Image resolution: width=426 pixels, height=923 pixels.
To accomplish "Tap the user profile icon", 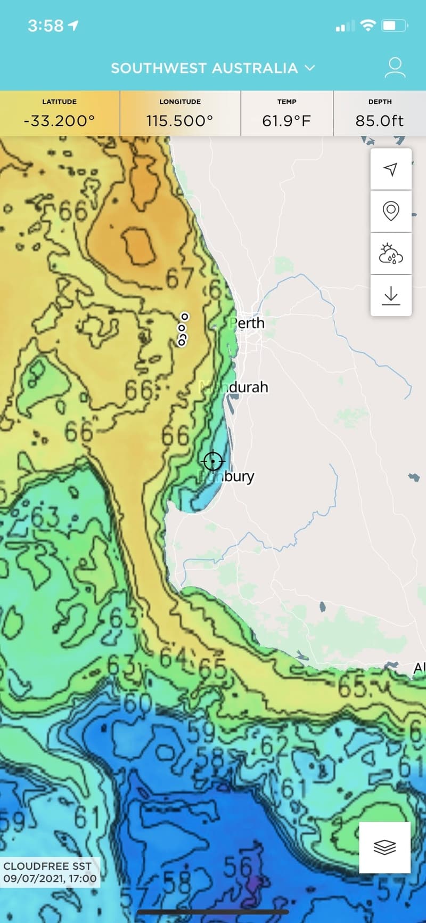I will click(395, 68).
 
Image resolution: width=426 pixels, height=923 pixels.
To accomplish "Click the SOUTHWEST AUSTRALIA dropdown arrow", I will click(309, 68).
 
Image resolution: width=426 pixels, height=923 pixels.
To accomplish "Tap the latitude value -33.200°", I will click(59, 121).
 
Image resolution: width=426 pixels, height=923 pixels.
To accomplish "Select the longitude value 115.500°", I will click(180, 121).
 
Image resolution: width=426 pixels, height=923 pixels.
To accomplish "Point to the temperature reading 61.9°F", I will click(286, 121).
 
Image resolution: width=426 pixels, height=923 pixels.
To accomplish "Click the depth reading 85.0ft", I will click(379, 121).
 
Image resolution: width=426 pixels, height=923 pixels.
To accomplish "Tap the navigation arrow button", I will click(391, 169).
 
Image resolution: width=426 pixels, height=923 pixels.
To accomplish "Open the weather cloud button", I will click(391, 254).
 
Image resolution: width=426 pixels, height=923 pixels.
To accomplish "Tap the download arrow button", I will click(391, 295).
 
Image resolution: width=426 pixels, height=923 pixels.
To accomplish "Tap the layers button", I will click(384, 847).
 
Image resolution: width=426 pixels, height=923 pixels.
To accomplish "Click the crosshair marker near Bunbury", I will click(213, 461).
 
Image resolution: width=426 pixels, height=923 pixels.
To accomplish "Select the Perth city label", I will click(247, 323).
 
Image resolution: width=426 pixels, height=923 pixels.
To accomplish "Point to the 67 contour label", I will click(179, 278).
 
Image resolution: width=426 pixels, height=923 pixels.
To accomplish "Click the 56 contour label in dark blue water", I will click(237, 867).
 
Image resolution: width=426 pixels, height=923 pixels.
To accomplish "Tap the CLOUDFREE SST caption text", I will click(47, 866).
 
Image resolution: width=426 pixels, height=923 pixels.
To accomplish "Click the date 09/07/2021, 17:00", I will click(50, 878).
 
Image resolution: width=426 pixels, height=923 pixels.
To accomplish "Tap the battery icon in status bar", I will click(395, 26).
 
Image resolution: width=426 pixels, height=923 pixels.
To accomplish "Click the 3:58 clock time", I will click(45, 26).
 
